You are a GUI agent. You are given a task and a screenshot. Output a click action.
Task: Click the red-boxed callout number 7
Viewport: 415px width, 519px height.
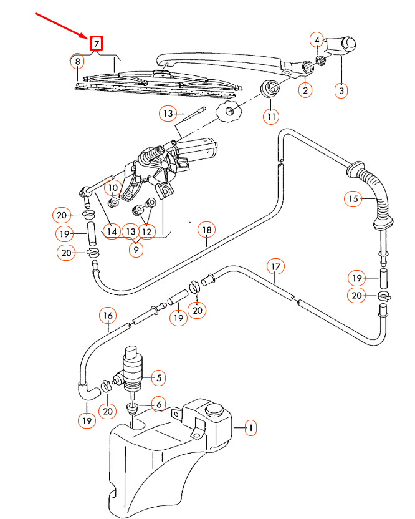[96, 44]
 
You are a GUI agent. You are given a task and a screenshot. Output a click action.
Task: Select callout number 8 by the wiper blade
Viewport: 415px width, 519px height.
[77, 62]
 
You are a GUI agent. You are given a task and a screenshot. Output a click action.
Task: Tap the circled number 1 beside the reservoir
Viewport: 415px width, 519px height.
[250, 428]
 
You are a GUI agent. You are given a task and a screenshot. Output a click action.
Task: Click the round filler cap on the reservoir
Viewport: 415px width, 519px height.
[214, 410]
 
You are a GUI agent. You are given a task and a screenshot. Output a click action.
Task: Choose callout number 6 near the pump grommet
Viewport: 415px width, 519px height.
[158, 405]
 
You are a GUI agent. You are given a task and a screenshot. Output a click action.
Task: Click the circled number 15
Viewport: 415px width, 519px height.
[353, 199]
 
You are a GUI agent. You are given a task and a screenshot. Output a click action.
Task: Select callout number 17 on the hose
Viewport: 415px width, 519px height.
[276, 267]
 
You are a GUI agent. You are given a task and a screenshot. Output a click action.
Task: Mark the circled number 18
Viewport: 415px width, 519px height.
[206, 230]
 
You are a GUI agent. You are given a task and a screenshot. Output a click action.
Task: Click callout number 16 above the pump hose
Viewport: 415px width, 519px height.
[107, 316]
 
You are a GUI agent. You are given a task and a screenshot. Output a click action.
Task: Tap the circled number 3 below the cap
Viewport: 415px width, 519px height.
[341, 90]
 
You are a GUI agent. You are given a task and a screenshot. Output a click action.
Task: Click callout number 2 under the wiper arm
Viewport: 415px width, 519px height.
[305, 90]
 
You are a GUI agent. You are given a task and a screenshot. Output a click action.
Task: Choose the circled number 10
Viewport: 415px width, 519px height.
[112, 187]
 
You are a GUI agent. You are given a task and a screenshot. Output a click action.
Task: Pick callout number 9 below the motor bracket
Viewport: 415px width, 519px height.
[135, 250]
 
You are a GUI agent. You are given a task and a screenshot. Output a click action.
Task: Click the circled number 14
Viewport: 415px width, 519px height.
[112, 231]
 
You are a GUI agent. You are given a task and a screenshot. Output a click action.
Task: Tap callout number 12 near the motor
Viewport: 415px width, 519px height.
[146, 231]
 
